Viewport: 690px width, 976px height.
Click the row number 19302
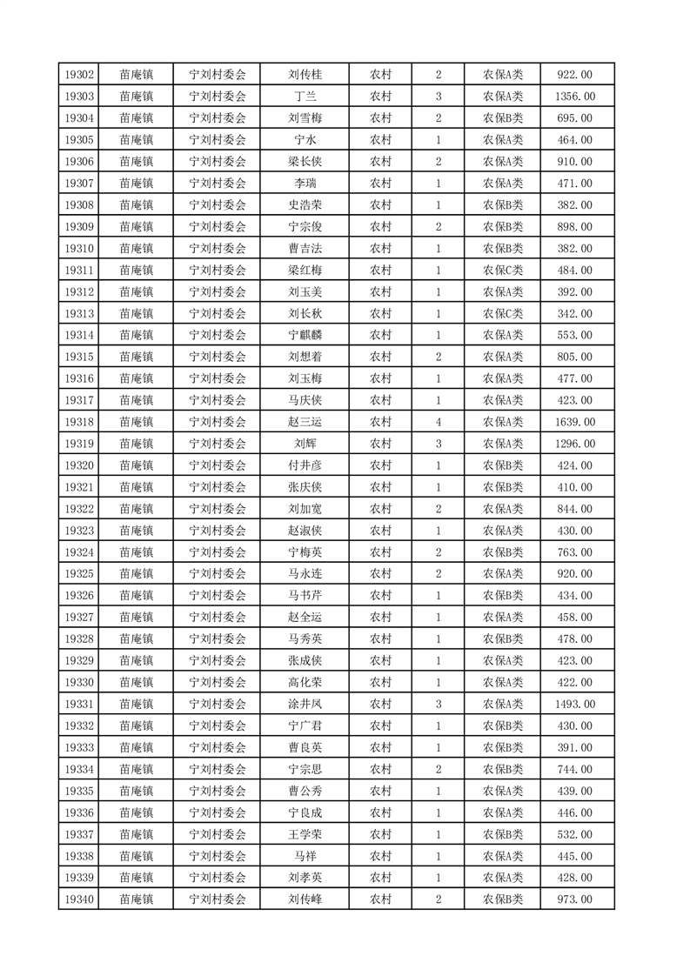pos(79,75)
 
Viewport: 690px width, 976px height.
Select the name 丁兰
pos(305,97)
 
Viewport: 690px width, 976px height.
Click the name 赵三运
pos(305,422)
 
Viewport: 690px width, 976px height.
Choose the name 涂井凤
pos(305,705)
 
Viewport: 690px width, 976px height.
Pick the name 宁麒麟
pos(305,336)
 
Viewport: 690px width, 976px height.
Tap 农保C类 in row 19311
pos(503,271)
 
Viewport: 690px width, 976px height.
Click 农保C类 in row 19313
pos(503,314)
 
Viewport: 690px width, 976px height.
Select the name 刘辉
pos(305,444)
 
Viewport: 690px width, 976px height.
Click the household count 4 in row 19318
pos(439,422)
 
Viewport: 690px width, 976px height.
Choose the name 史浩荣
pos(305,205)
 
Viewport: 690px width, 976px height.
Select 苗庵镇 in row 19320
pos(137,465)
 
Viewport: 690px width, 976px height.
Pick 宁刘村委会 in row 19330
pos(218,683)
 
